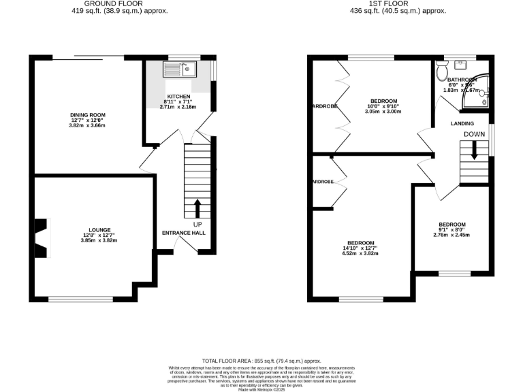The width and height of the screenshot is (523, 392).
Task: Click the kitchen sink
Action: pyautogui.click(x=179, y=69)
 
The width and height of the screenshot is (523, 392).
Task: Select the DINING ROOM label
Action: pyautogui.click(x=88, y=115)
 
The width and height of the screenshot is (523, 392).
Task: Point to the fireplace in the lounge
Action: pyautogui.click(x=42, y=238)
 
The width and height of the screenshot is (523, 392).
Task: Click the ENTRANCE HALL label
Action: pyautogui.click(x=183, y=233)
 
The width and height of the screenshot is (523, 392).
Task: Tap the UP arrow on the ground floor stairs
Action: pyautogui.click(x=198, y=208)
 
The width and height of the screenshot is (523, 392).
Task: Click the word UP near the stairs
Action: pyautogui.click(x=197, y=224)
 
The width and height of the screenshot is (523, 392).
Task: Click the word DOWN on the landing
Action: pyautogui.click(x=474, y=135)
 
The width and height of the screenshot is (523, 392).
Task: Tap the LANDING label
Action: pyautogui.click(x=463, y=123)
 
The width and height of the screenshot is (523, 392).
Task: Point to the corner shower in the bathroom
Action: pyautogui.click(x=477, y=97)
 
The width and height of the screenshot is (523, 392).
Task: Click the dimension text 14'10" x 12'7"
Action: pyautogui.click(x=361, y=248)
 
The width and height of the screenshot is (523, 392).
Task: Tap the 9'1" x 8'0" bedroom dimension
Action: pyautogui.click(x=451, y=230)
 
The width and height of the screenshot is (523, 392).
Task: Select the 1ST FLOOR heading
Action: pyautogui.click(x=398, y=3)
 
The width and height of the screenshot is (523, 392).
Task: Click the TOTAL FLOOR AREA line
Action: pyautogui.click(x=261, y=361)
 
